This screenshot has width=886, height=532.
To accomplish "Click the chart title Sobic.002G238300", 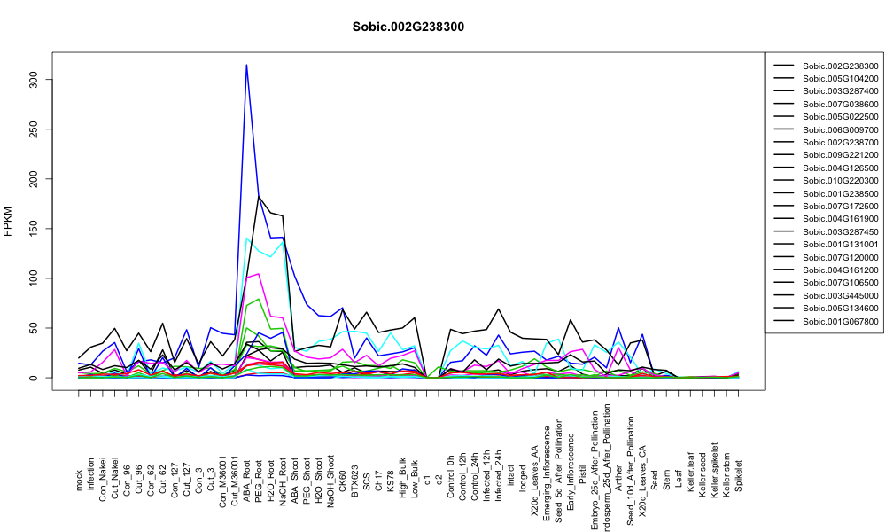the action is pos(408,27).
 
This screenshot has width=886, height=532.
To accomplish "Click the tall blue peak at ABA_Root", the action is pos(246,65).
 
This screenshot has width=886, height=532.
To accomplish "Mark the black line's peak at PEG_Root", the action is pos(259,196).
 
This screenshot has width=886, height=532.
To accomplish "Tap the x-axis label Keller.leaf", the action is pos(691,472).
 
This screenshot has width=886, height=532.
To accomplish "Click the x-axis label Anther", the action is pos(618,478).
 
